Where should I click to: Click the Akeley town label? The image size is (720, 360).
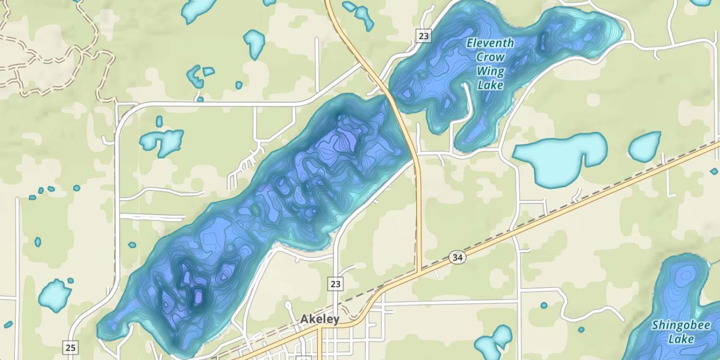pos(320,319)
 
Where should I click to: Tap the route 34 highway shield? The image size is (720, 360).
pos(458,258)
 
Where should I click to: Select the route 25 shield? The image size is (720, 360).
pos(70,347)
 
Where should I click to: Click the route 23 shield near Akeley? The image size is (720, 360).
pos(336,284)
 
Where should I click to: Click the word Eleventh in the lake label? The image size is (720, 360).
pos(490,43)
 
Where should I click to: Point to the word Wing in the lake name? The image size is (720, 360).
pos(491,72)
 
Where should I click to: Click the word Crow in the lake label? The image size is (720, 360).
pos(491,57)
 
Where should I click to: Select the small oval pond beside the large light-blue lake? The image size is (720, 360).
pos(644,146)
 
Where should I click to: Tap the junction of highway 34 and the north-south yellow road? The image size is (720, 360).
pos(420,272)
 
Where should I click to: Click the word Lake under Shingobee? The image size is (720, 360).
pos(681,339)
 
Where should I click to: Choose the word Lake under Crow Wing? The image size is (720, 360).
pos(491,85)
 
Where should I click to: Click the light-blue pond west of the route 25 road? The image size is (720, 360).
pos(54,295)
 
